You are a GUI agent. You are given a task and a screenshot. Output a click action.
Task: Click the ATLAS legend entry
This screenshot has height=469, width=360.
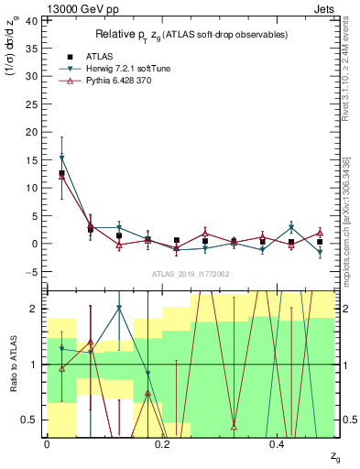coord(93,56)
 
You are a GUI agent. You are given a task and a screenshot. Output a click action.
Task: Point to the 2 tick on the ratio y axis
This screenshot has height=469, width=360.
coord(36,309)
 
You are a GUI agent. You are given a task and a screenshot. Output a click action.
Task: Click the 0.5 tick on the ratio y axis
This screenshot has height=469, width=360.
coord(33,420)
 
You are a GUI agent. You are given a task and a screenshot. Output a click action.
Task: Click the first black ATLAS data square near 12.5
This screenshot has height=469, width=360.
coord(61,173)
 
